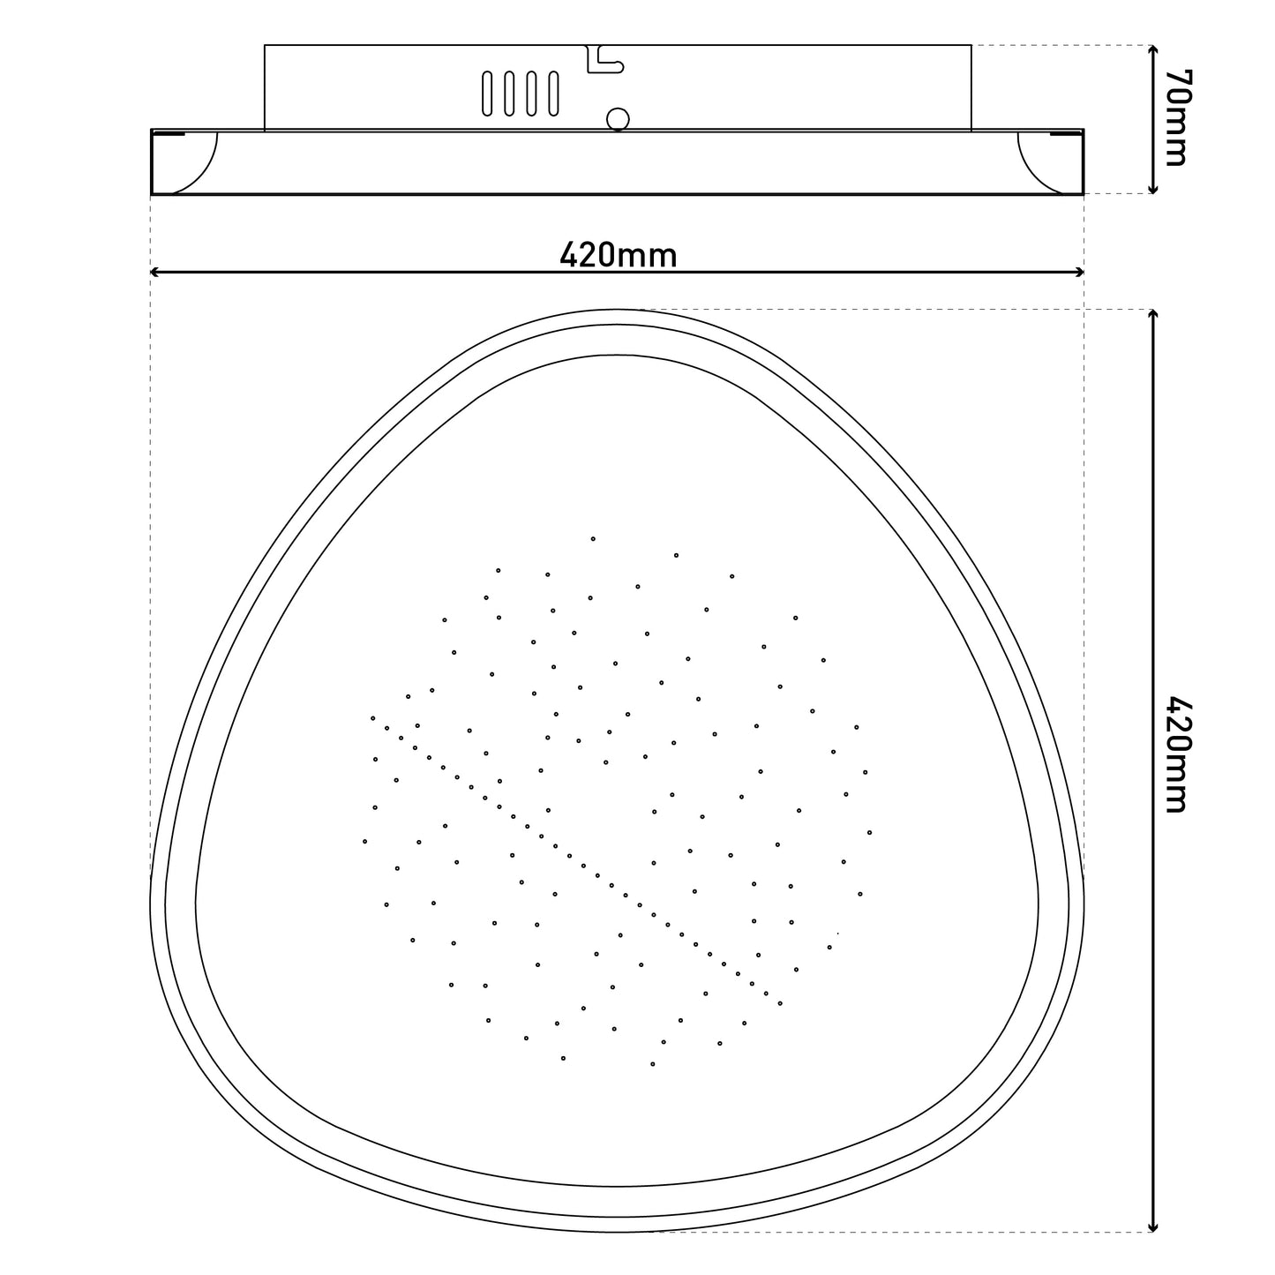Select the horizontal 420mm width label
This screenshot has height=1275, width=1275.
tap(618, 255)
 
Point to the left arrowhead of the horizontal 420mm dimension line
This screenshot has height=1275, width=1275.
tap(155, 272)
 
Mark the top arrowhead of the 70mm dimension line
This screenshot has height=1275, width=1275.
tap(1153, 50)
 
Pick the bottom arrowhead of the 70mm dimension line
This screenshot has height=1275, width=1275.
tap(1153, 189)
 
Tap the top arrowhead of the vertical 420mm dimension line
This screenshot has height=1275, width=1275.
tap(1153, 315)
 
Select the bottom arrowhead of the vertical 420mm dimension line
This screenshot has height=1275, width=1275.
tap(1153, 1226)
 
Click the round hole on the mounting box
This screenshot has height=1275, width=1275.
tap(618, 120)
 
